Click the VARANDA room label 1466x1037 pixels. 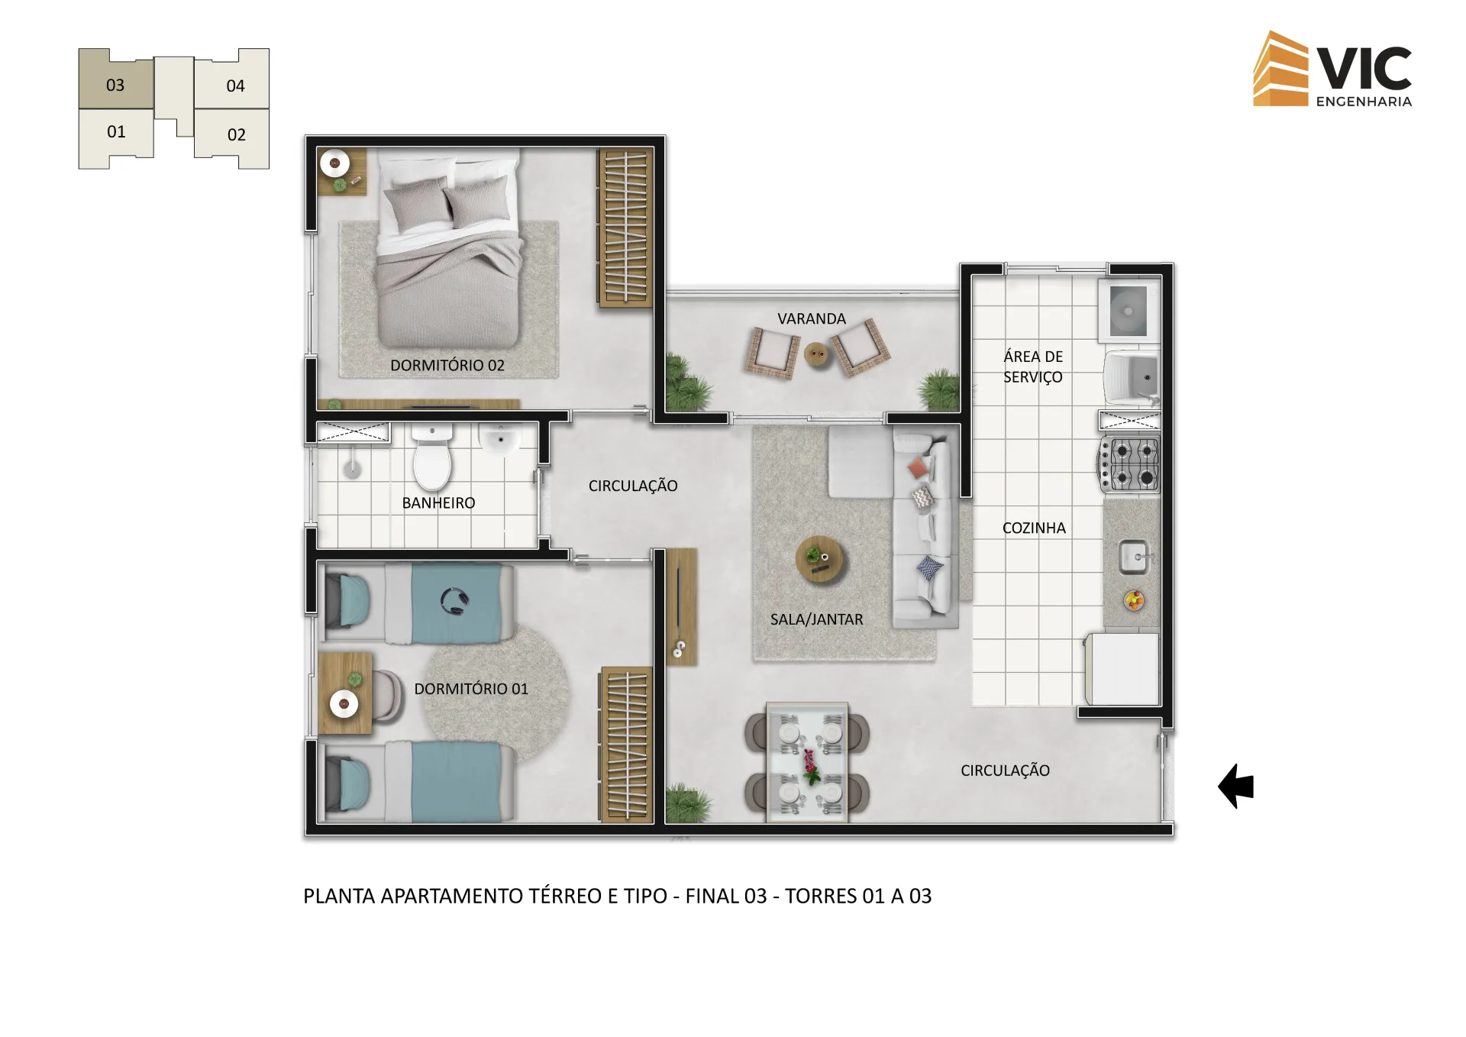[812, 318]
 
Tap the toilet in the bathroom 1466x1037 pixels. [432, 457]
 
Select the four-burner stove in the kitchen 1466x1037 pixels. [1129, 464]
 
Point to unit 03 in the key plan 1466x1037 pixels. [116, 79]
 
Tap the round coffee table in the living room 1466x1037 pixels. [820, 559]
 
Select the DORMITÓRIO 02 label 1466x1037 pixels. [447, 365]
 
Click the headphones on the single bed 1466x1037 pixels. [454, 601]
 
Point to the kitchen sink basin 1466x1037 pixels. [1134, 557]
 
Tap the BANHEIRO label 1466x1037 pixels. [438, 503]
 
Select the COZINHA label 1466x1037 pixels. [1034, 528]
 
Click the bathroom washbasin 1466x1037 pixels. [500, 440]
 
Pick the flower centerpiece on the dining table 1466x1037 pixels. [809, 767]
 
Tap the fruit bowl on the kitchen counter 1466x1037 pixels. [1135, 600]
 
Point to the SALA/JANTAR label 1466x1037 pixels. [816, 619]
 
